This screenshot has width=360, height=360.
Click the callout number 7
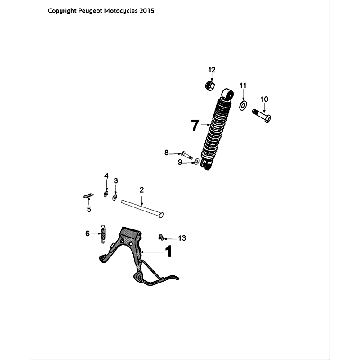coord(195,125)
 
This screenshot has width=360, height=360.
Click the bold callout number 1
coord(169,253)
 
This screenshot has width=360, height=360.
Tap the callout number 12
coord(211,68)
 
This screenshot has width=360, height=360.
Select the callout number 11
coord(242,86)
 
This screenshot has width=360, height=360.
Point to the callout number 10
coord(264,99)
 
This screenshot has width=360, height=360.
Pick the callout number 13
coord(182,238)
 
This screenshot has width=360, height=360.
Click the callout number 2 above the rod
coord(142,189)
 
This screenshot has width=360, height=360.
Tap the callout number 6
coord(88,233)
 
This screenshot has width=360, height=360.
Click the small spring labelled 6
coord(100,235)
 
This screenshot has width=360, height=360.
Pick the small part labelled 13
coord(162,238)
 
